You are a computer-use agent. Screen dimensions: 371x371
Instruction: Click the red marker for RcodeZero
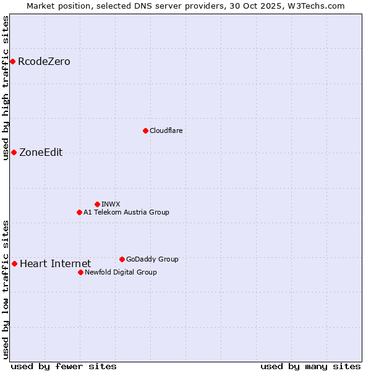click(x=12, y=61)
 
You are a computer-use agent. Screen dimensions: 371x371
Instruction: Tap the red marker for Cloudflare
click(x=145, y=130)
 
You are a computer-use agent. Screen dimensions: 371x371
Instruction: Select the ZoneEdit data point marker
click(x=14, y=152)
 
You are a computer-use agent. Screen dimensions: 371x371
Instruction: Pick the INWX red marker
click(x=97, y=204)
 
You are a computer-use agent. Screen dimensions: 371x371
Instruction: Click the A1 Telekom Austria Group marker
click(x=79, y=212)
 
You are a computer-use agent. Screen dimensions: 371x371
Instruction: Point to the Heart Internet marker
click(x=14, y=263)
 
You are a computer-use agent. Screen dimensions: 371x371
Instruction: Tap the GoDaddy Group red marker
click(x=122, y=259)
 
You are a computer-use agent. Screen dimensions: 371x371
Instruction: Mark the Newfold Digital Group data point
click(x=80, y=272)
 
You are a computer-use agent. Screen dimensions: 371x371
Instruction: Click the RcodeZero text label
click(x=44, y=61)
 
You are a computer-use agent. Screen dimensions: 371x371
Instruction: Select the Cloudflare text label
click(x=166, y=130)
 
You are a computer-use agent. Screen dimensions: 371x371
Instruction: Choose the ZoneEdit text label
click(x=41, y=153)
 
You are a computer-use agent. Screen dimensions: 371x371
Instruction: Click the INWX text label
click(x=111, y=204)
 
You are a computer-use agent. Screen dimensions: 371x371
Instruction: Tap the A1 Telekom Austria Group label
click(x=126, y=212)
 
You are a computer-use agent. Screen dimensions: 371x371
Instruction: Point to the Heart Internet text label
click(x=55, y=264)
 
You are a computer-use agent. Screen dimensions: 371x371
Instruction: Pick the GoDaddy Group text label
click(x=152, y=259)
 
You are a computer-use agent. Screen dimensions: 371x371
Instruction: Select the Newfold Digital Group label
click(x=121, y=272)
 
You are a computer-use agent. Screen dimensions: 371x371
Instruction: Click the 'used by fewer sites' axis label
click(x=64, y=366)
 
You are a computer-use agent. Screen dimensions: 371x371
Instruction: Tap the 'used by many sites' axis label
click(x=310, y=366)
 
